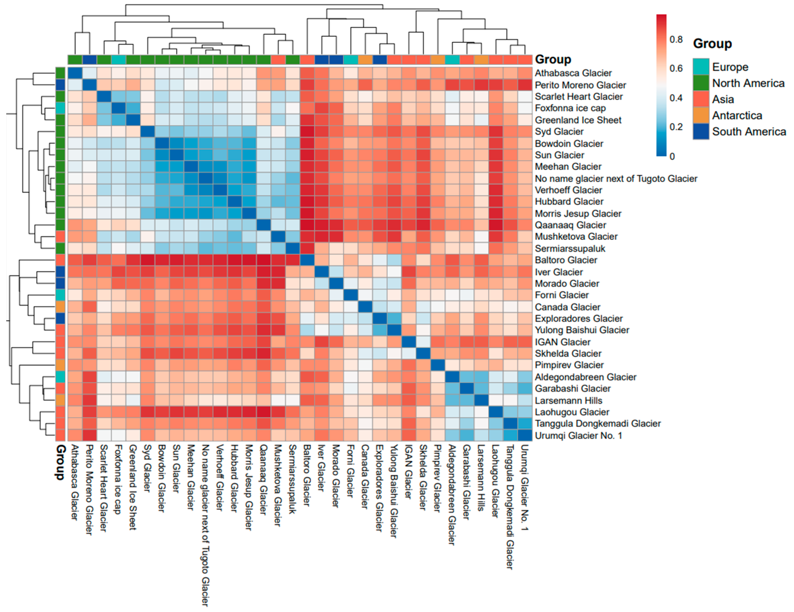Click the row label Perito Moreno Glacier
580,85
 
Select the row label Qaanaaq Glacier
570,225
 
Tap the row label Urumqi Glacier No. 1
578,435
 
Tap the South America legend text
749,132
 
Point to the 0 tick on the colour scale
672,156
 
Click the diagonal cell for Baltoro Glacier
307,260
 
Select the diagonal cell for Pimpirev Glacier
438,365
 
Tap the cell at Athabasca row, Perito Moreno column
89,73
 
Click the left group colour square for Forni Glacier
60,295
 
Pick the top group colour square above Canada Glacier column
365,59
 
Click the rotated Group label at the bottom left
60,462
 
